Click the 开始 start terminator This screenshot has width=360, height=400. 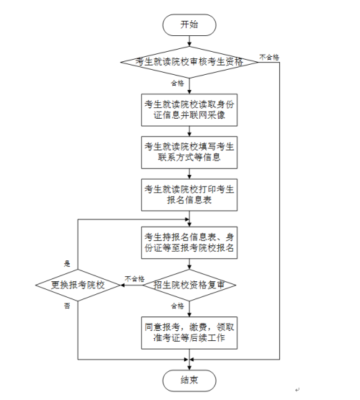(x=189, y=24)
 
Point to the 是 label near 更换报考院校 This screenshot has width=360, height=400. (x=67, y=263)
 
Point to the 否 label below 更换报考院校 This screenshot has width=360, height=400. (x=67, y=306)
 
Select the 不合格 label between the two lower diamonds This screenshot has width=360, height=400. (x=135, y=278)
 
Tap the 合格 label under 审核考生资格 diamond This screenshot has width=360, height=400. (x=175, y=83)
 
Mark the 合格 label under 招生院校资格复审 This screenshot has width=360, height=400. (x=176, y=305)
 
